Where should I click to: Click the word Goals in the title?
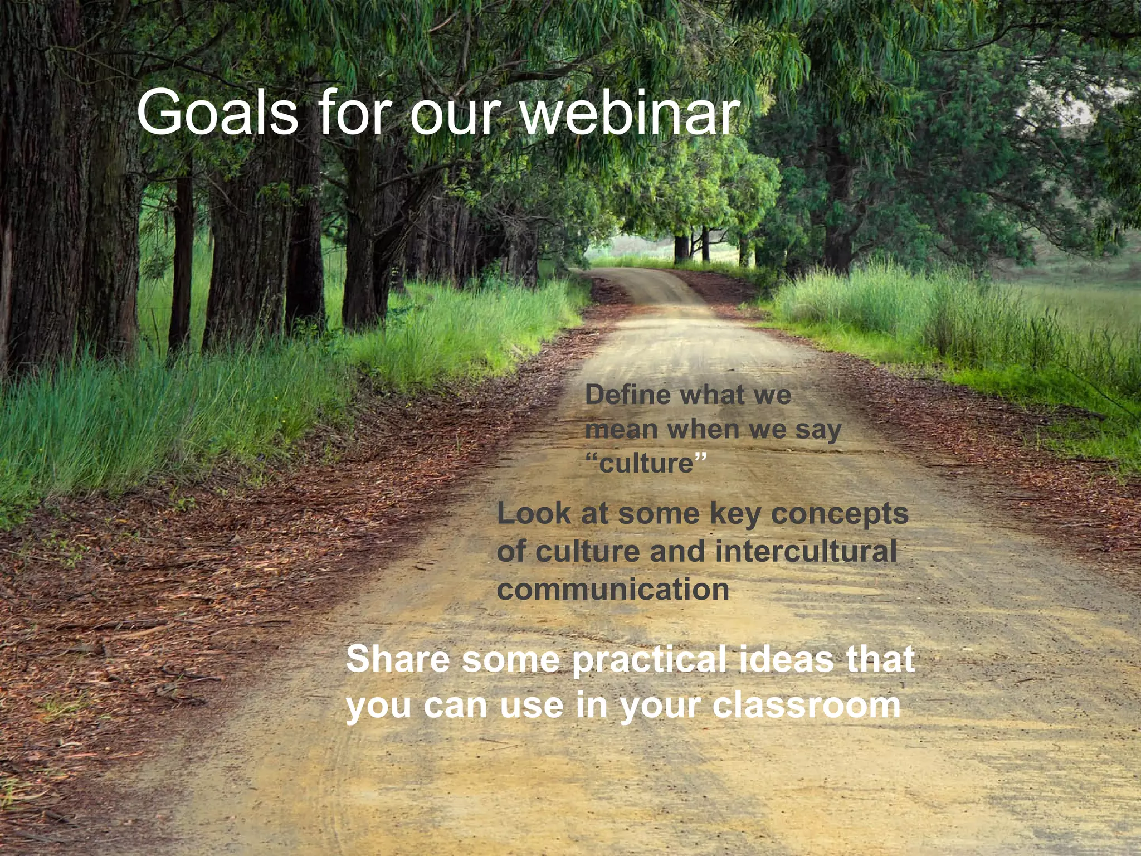(217, 113)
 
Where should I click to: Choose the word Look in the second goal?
(534, 513)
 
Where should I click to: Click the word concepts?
(840, 514)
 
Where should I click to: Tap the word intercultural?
(806, 551)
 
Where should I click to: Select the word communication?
(613, 590)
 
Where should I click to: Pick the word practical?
(649, 660)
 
